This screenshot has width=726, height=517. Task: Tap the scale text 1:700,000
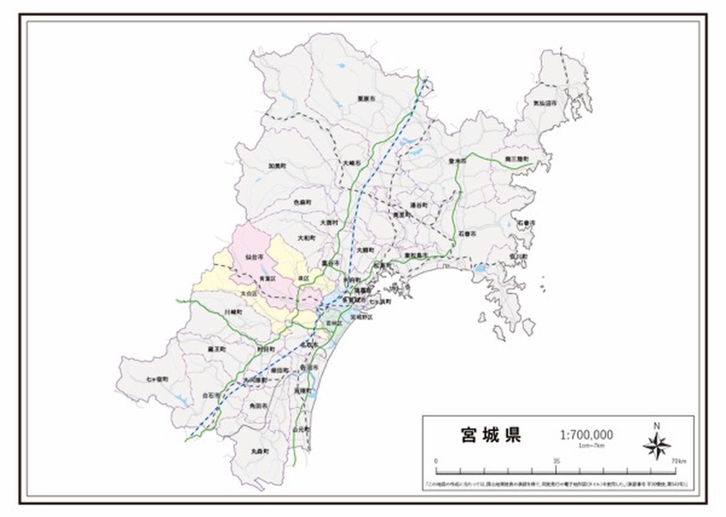click(586, 435)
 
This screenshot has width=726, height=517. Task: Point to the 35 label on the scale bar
click(556, 461)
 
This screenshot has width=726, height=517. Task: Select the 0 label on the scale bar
click(436, 461)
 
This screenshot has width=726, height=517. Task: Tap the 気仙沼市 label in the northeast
click(544, 104)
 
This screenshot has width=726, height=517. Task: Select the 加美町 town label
click(276, 165)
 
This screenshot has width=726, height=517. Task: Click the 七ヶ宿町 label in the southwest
click(157, 379)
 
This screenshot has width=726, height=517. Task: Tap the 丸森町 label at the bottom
click(260, 452)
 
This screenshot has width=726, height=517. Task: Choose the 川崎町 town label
click(233, 312)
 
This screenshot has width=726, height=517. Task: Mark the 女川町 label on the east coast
click(519, 257)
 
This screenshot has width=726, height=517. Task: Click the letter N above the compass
click(656, 426)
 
